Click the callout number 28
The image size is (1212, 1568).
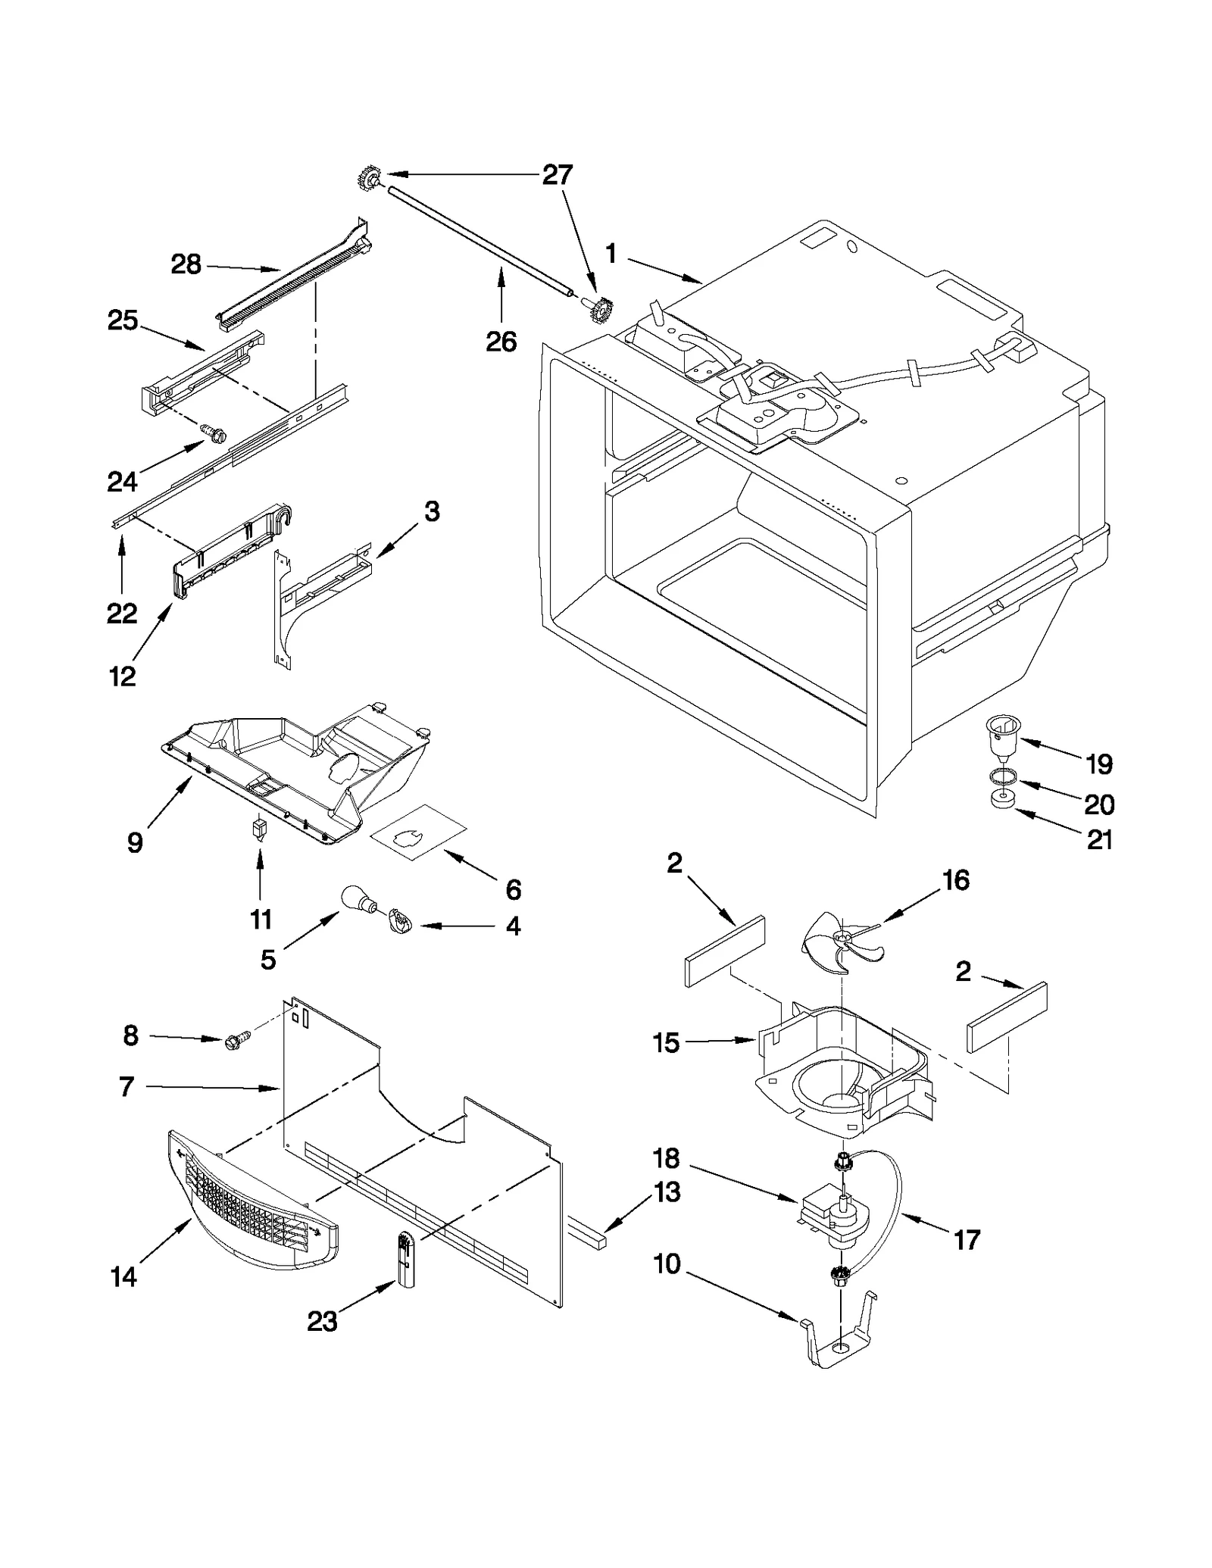186,264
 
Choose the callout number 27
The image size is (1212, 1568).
558,175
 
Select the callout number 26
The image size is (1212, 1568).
501,342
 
